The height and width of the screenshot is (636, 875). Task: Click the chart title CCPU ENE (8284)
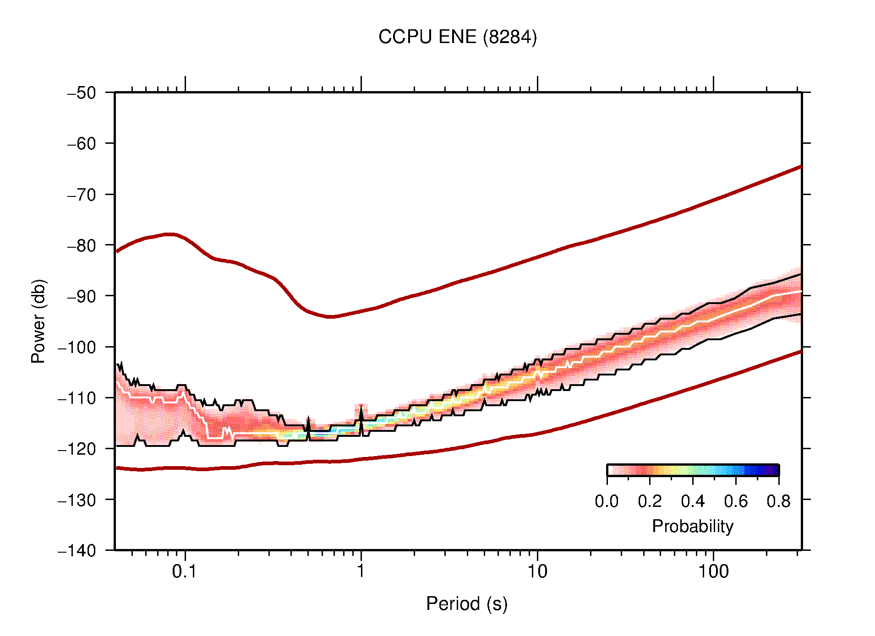coord(457,37)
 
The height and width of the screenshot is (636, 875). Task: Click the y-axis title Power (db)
coord(38,321)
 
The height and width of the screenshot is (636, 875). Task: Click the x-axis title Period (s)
coord(466,604)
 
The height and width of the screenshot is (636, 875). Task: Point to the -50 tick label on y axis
coord(82,93)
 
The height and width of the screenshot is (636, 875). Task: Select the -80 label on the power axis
coord(82,245)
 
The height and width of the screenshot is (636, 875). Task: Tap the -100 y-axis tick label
coord(77,347)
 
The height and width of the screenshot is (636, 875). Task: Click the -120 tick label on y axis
coord(77,449)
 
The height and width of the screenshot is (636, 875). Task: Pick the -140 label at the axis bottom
coord(77,550)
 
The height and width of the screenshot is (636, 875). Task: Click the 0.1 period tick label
coord(185,571)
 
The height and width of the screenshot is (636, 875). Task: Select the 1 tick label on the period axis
coord(361,571)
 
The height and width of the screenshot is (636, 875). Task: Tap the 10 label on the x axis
coord(537,571)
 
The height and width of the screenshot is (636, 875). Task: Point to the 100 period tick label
coord(713,571)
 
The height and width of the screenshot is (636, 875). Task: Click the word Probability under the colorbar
coord(692,527)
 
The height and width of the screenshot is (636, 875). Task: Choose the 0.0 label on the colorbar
coord(607,501)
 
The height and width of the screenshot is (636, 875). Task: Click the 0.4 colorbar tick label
coord(693,501)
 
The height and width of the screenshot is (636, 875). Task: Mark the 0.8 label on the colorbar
coord(778,501)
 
